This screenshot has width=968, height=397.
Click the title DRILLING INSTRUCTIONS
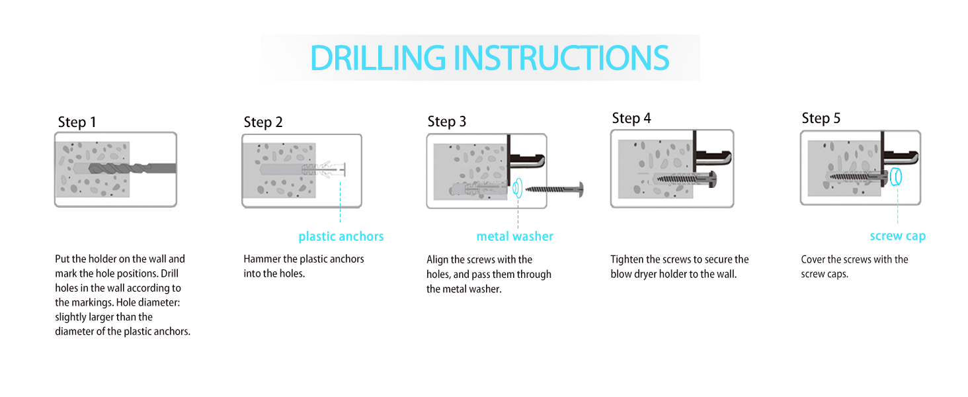489,58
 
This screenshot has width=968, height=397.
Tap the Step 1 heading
77,122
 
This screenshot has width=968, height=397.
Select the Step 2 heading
262,122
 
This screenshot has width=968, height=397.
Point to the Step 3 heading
447,122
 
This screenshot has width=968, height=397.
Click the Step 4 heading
631,118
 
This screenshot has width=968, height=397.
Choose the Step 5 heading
821,118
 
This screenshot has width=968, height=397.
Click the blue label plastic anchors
341,237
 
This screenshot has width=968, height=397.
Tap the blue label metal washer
514,236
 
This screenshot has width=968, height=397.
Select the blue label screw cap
897,236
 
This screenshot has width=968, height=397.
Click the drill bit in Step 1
132,168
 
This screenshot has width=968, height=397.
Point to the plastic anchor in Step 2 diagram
324,169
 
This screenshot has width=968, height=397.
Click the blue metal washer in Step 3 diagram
517,189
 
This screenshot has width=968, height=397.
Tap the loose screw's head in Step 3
581,189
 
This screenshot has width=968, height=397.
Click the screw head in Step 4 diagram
712,179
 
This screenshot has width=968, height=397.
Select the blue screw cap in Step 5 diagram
896,177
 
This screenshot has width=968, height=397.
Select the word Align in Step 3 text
437,260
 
